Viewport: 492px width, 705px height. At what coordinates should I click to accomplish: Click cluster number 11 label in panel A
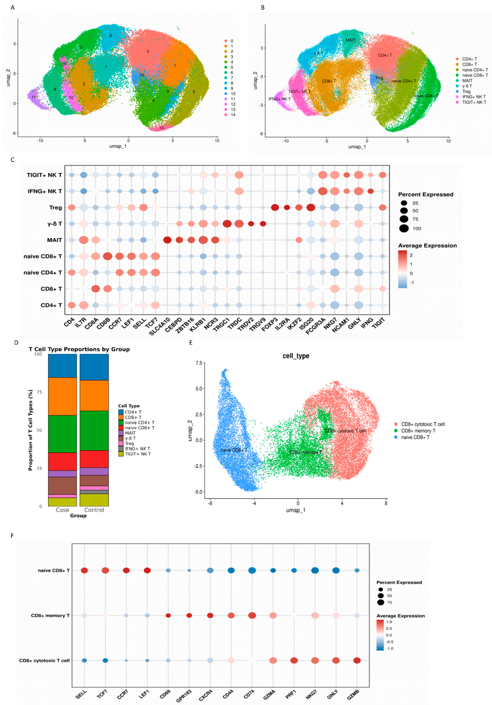[x=33, y=97]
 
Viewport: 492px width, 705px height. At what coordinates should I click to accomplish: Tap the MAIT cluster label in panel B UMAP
[x=350, y=40]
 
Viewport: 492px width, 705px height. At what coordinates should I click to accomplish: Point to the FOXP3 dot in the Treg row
[x=275, y=208]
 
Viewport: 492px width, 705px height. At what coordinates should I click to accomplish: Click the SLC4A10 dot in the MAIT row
[x=167, y=240]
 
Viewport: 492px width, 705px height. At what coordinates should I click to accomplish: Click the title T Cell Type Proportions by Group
[x=79, y=349]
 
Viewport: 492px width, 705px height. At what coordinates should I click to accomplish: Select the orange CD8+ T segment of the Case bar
[x=63, y=396]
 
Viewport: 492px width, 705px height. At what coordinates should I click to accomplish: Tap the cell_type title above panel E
[x=296, y=356]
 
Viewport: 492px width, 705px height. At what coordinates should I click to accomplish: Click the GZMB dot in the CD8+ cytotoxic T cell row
[x=357, y=660]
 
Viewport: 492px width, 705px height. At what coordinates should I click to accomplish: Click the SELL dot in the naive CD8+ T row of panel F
[x=84, y=571]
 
